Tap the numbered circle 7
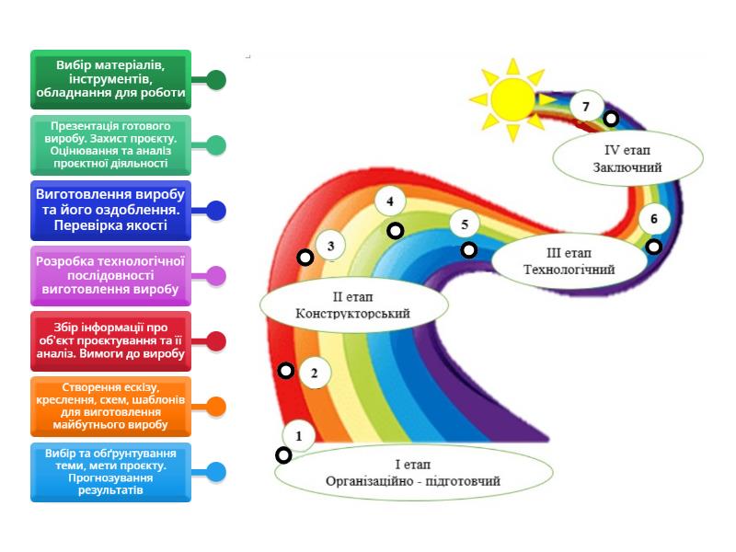click(585, 107)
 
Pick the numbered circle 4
click(390, 201)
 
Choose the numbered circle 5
click(465, 224)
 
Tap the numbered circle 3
click(330, 245)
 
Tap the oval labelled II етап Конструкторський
click(352, 305)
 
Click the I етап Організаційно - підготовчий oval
click(413, 473)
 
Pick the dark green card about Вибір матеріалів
click(110, 79)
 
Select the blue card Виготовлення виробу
click(110, 211)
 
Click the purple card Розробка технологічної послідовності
click(110, 276)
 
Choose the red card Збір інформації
click(110, 340)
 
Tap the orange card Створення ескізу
click(110, 407)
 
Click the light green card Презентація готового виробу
click(110, 144)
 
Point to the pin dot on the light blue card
click(216, 472)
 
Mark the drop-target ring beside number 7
click(611, 119)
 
